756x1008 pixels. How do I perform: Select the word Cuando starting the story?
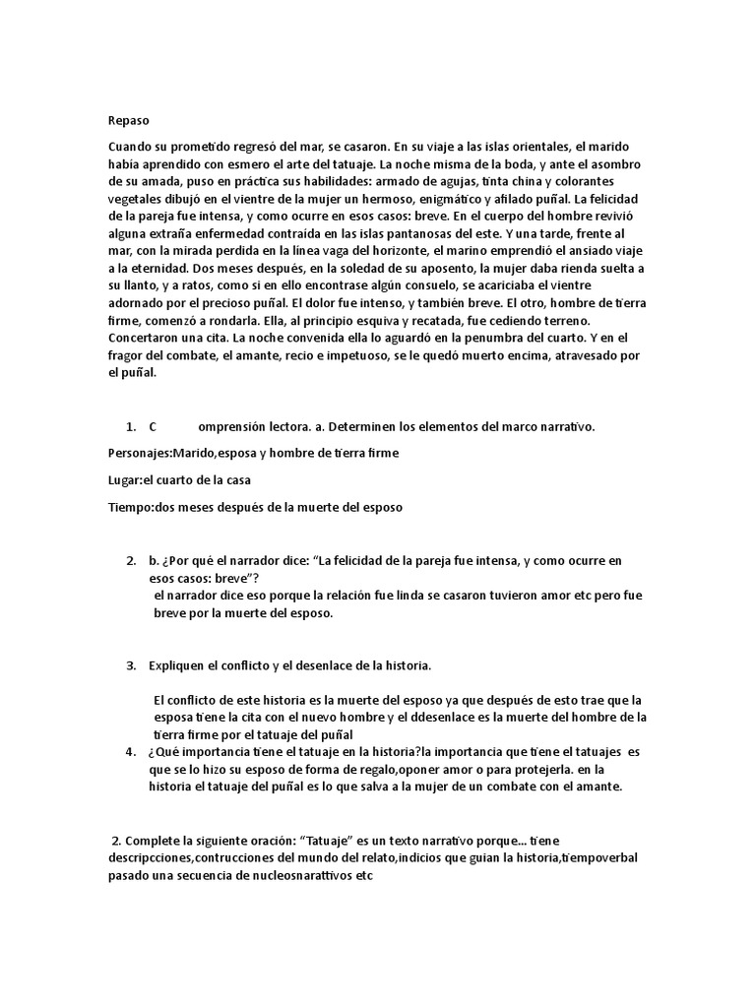tap(132, 145)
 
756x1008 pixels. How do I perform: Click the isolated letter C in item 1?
tap(154, 426)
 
